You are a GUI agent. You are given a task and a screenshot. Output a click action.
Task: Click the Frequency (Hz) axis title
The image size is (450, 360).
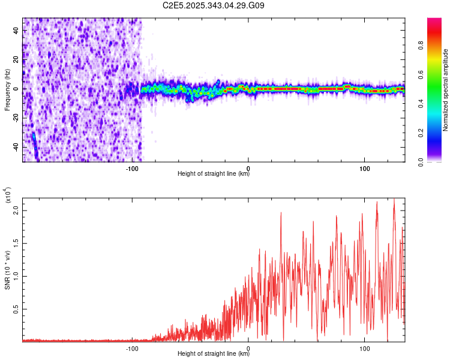(7, 90)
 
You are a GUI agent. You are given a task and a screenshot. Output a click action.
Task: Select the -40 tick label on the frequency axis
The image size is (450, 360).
(15, 147)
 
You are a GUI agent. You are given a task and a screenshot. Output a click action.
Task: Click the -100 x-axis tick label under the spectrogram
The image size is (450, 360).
(132, 167)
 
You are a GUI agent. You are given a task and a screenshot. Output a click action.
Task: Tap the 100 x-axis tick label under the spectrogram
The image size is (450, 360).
(364, 167)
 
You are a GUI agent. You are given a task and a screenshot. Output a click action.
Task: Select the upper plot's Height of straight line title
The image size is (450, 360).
(214, 174)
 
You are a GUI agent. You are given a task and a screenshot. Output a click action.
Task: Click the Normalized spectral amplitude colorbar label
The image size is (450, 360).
(446, 90)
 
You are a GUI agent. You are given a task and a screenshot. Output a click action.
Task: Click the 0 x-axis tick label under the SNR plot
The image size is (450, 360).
(248, 347)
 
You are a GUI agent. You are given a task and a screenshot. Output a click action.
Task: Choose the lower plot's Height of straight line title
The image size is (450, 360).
(214, 354)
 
